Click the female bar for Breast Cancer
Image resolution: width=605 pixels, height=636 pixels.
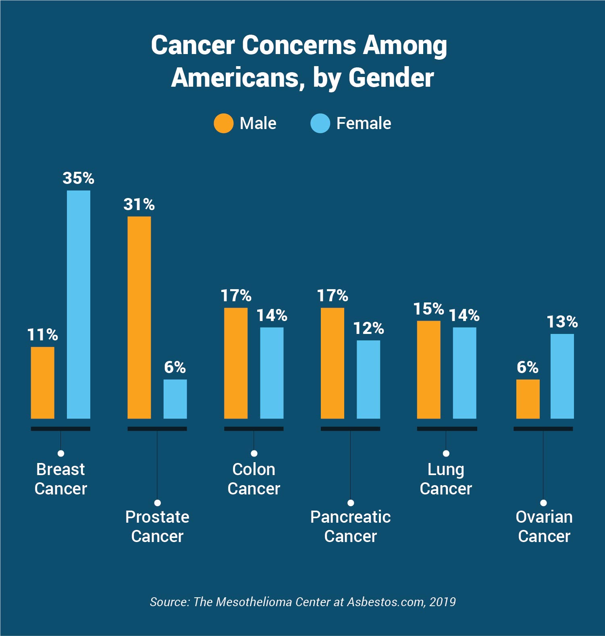(x=79, y=304)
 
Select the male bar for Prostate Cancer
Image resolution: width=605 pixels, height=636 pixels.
(x=139, y=317)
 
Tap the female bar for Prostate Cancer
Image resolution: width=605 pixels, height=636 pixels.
(x=175, y=399)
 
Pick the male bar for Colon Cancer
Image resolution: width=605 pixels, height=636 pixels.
(x=236, y=363)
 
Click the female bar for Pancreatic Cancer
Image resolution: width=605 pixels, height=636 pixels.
(x=368, y=379)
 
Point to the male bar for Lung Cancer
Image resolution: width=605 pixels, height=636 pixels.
(x=428, y=369)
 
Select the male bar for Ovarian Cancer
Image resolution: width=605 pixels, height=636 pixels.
(x=528, y=399)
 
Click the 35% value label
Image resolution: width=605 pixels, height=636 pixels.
(x=79, y=178)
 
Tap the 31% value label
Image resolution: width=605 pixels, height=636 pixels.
(x=139, y=204)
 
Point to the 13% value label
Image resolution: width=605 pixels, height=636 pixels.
(x=562, y=322)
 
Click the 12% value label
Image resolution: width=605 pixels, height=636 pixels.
(x=368, y=328)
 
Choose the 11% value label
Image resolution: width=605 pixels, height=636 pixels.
(x=42, y=335)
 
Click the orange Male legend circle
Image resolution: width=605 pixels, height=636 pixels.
(x=223, y=123)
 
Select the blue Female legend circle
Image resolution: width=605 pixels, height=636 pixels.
(x=320, y=123)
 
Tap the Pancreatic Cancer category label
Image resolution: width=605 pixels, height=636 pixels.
(x=350, y=526)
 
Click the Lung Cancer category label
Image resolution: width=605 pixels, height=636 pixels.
(x=446, y=479)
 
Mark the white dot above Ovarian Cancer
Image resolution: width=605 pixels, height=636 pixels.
(x=543, y=503)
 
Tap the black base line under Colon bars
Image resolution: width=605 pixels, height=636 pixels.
(x=254, y=429)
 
